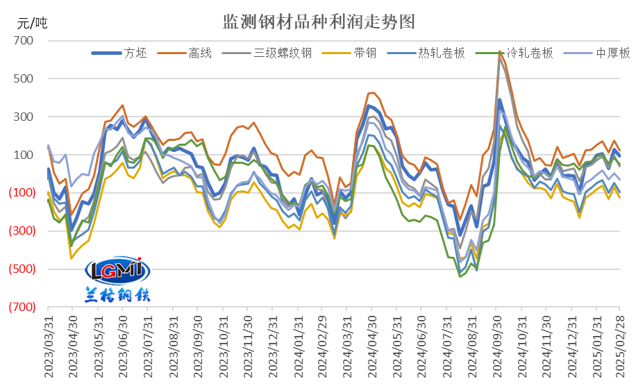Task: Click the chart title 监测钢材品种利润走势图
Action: [319, 22]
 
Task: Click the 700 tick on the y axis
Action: [24, 41]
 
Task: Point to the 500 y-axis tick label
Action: [24, 79]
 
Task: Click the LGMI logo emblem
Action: [116, 270]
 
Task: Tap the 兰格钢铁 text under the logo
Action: [117, 294]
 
